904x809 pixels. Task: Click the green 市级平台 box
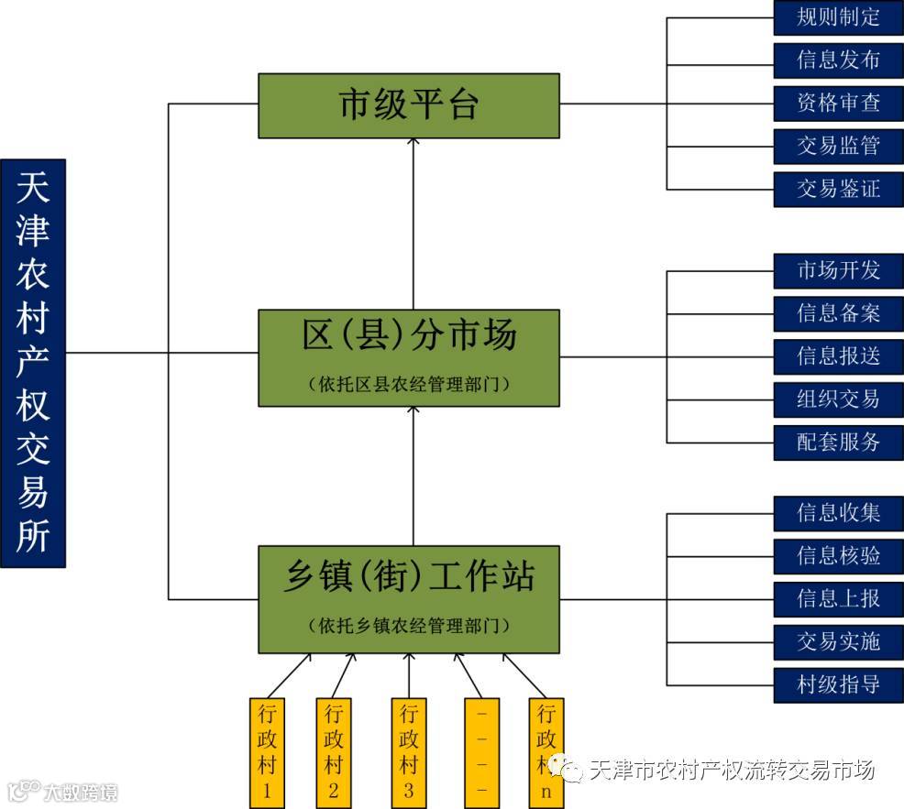pos(409,106)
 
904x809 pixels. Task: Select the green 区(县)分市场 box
pos(409,357)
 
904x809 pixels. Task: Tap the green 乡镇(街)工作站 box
pos(409,599)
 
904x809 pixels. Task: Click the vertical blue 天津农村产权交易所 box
pos(33,363)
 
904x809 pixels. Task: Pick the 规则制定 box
pos(838,17)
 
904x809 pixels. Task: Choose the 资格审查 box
pos(838,103)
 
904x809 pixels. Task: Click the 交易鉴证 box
pos(838,189)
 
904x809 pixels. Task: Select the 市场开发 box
pos(838,270)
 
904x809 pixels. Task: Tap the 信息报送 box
pos(838,355)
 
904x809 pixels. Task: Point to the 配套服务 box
pos(838,442)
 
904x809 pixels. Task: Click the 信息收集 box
pos(838,513)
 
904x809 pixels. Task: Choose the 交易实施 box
pos(838,641)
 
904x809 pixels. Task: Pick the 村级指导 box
pos(838,684)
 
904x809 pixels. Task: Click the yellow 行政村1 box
pos(267,752)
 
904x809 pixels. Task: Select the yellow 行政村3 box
pos(409,752)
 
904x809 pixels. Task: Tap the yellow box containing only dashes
pos(481,752)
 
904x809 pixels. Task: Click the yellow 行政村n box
pos(546,752)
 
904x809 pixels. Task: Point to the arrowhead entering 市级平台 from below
pos(413,144)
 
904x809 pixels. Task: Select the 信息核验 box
pos(838,555)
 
